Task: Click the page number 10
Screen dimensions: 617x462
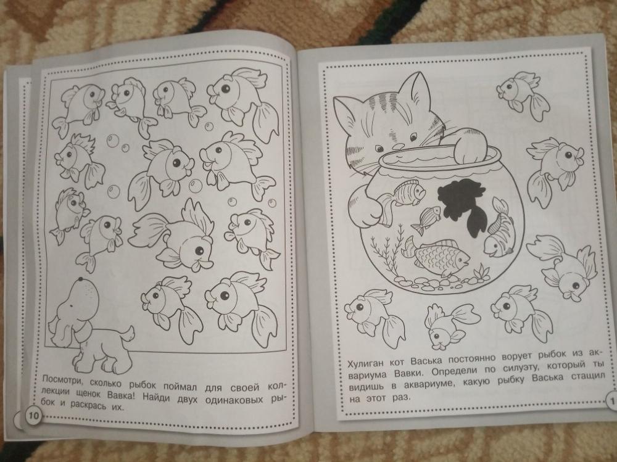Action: [x=33, y=415]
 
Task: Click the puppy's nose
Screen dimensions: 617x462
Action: [x=80, y=280]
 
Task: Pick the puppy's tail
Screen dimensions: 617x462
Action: [x=127, y=333]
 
